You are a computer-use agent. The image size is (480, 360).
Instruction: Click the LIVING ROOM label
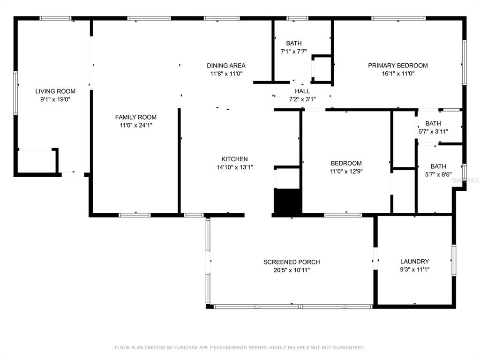tap(55, 91)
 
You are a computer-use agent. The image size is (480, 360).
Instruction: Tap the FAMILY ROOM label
tap(135, 117)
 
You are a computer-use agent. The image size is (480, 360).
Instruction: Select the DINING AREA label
tap(226, 66)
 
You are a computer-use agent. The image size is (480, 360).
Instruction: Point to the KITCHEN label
tap(234, 159)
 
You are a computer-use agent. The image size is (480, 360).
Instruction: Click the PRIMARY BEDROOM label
tap(397, 66)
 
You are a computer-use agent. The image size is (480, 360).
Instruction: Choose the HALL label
tap(302, 91)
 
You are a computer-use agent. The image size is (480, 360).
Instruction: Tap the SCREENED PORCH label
tap(292, 262)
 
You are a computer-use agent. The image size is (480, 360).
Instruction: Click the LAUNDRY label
tap(414, 262)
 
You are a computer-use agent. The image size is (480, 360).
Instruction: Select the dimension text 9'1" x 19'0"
tap(55, 99)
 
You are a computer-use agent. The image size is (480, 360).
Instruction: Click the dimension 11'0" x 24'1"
tap(136, 125)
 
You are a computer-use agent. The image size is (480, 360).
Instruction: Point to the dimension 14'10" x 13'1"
tap(235, 167)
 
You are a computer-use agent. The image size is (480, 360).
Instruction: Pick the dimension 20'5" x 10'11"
tap(292, 270)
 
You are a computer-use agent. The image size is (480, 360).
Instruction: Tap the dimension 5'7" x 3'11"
tap(433, 132)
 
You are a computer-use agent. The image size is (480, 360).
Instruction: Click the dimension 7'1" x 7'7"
tap(294, 52)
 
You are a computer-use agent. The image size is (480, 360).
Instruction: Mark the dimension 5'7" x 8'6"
tap(438, 174)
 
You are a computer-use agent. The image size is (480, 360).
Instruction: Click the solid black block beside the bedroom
tap(288, 202)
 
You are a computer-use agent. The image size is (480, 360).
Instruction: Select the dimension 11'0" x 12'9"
tap(346, 172)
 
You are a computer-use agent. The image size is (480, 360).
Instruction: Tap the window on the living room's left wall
tap(15, 93)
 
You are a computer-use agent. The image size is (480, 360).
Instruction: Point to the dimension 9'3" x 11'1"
tap(415, 270)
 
